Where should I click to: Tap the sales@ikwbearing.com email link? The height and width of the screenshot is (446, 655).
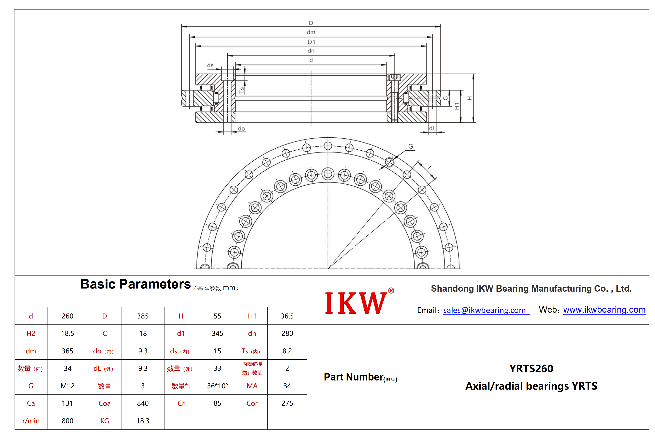point(486,310)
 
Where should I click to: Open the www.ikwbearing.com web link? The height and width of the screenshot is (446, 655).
point(604,310)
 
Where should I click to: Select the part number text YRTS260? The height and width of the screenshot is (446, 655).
point(531,368)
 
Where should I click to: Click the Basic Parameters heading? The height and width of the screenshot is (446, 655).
point(136,284)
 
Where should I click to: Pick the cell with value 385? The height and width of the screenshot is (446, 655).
point(143,316)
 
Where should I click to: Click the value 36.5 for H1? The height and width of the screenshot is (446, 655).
point(287,316)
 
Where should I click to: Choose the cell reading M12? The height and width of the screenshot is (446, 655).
point(68,386)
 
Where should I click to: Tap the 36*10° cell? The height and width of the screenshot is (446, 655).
point(218,386)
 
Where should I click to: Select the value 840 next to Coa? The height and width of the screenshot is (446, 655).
point(143,403)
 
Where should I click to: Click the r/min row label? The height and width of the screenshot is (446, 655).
point(31,421)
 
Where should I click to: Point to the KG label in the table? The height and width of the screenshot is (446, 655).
point(105,421)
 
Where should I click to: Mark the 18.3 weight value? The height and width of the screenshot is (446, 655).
point(143,421)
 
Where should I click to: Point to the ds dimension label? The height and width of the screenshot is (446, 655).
point(210,66)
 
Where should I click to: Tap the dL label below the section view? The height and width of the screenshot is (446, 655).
point(432,128)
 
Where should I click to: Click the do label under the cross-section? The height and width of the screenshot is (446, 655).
point(241,129)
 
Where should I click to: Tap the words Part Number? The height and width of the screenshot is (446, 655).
point(354,377)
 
